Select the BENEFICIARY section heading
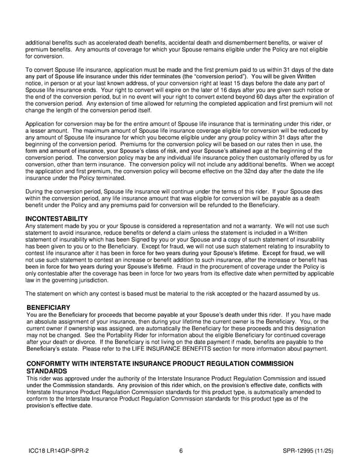pos(53,307)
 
